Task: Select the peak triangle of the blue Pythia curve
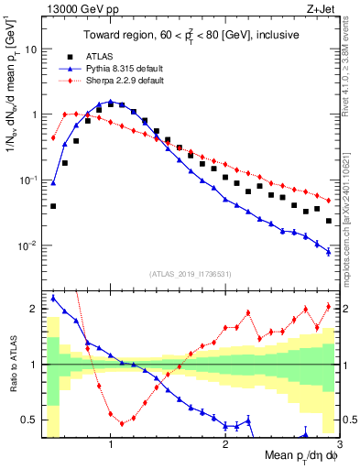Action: point(111,102)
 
